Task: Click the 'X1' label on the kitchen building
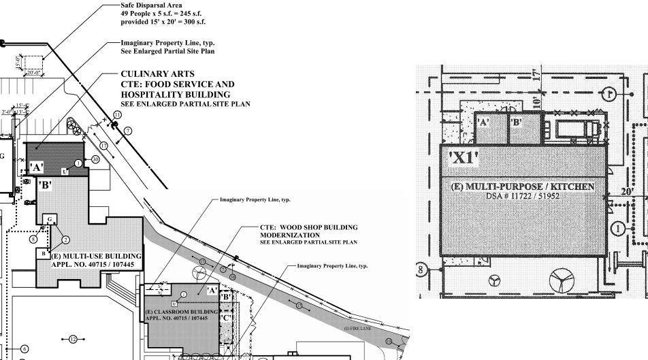coord(463,161)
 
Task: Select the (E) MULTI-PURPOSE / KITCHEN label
coord(522,186)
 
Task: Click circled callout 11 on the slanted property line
coord(117,116)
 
